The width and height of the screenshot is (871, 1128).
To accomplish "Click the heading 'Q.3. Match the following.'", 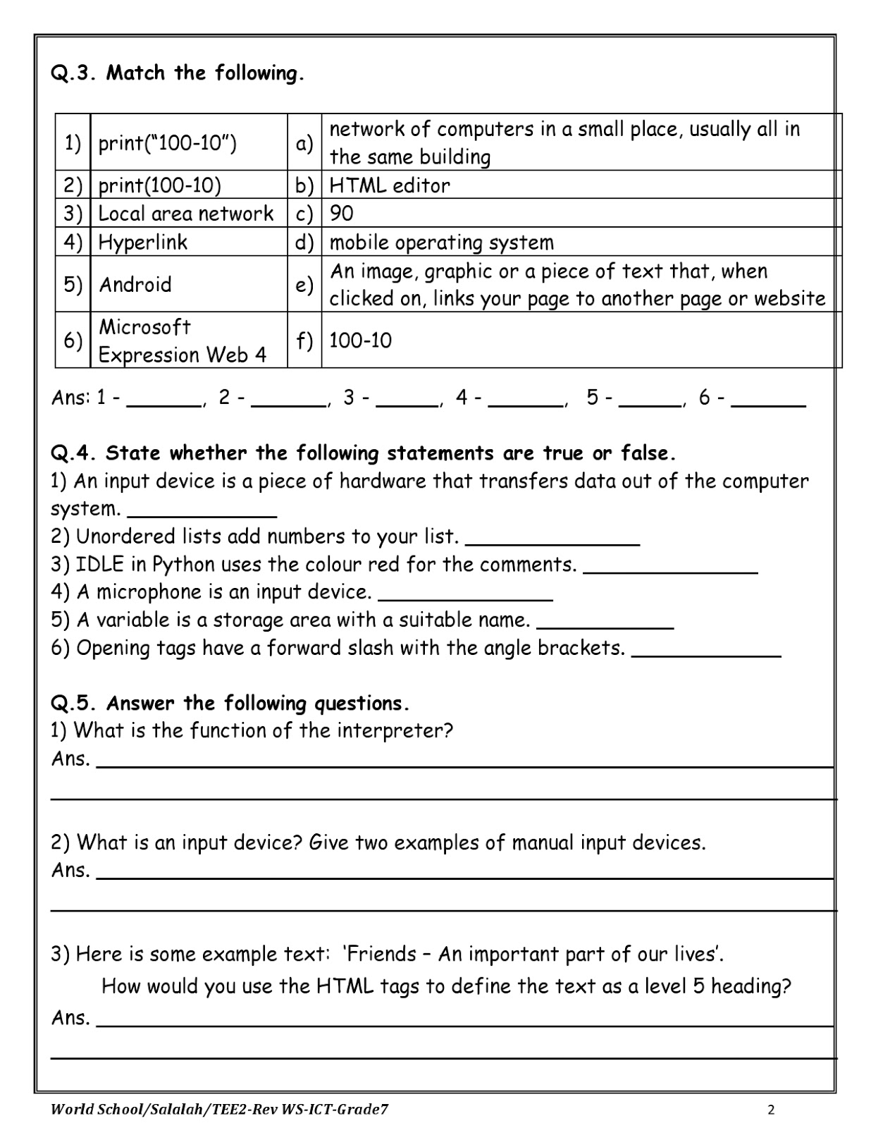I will [x=178, y=73].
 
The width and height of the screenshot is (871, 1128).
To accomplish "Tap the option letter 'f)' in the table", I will [x=304, y=341].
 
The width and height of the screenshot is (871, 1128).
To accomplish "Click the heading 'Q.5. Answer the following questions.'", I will [x=230, y=704].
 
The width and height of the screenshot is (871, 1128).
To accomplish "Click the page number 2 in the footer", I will [x=771, y=1110].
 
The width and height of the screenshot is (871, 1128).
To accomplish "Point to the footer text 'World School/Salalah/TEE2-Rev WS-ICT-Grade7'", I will [x=219, y=1110].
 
